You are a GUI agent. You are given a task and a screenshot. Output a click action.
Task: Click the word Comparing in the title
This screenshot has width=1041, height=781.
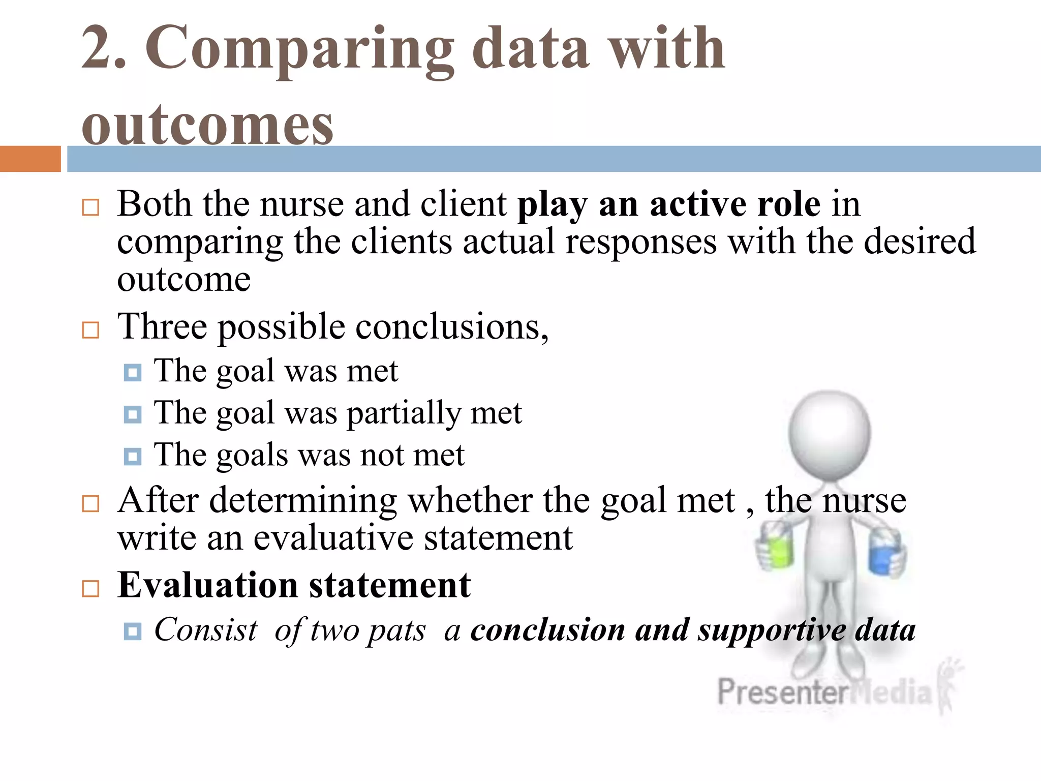coord(300,48)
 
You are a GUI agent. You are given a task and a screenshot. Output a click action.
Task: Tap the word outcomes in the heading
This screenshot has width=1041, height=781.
coord(207,125)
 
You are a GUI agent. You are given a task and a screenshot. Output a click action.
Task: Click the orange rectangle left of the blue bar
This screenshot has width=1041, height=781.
coord(30,159)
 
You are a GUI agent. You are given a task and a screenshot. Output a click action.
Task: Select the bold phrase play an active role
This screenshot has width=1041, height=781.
coord(668,204)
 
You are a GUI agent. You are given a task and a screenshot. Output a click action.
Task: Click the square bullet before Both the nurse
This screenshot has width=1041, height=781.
coord(90,207)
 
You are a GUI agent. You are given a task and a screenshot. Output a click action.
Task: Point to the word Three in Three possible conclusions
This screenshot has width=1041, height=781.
coord(162,326)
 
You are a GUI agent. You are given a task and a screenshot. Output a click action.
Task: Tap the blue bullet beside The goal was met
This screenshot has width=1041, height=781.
coord(133,373)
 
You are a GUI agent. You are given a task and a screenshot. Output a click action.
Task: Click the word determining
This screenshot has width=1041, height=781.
coord(303,501)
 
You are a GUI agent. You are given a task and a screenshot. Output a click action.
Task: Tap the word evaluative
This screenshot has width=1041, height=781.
coord(333,538)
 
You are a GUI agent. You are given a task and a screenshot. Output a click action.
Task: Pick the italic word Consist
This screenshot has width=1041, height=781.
coord(206,630)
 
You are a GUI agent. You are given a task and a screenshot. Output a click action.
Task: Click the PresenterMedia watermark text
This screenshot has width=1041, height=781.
coord(823,693)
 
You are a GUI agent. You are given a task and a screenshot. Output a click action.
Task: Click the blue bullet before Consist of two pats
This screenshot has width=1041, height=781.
coord(133,632)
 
